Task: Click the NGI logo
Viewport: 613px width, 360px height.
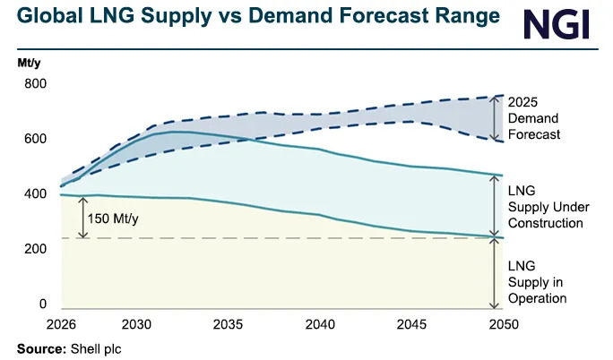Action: [557, 24]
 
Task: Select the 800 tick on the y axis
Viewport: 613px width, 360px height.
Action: [34, 83]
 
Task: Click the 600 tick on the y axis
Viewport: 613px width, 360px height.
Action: [34, 139]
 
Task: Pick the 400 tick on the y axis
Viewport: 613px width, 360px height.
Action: [34, 194]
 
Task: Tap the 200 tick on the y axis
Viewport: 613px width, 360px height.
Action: [34, 249]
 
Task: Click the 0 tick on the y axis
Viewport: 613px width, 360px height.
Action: [41, 304]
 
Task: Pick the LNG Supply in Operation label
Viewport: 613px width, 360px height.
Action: [538, 282]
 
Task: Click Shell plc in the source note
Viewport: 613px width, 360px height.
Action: [94, 347]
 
